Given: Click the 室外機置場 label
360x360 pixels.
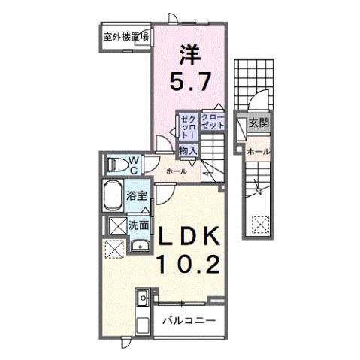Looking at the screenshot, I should [126, 35].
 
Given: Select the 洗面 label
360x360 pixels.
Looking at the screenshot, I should [138, 224].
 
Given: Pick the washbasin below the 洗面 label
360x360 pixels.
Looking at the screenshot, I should [137, 247].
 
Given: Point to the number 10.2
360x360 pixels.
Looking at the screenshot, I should [188, 264].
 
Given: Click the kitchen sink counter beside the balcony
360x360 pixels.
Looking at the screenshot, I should [142, 307].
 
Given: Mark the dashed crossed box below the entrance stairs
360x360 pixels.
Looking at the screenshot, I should [259, 222].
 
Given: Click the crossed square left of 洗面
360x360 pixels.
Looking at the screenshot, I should [116, 225].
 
